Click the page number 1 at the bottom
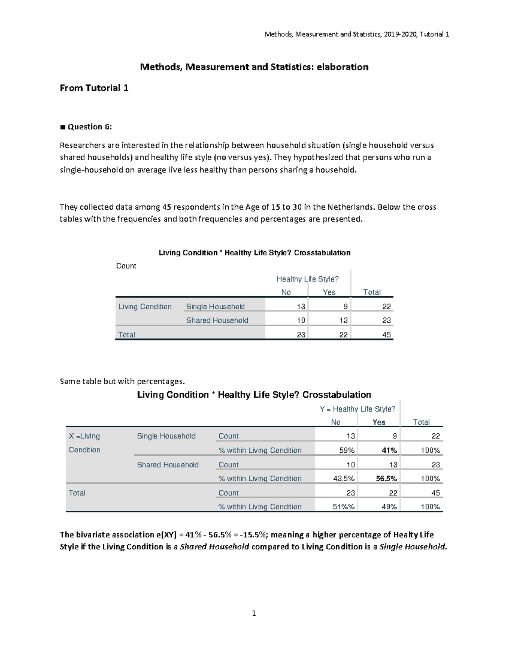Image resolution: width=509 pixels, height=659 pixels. [254, 613]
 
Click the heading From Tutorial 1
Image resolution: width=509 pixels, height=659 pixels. [94, 88]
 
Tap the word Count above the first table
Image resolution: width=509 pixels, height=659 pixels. [126, 266]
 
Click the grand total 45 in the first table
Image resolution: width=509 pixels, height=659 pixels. [386, 335]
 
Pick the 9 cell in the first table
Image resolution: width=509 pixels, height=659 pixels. [346, 307]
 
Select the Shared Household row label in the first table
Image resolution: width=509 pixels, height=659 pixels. [217, 320]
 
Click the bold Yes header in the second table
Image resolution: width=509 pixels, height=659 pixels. [379, 422]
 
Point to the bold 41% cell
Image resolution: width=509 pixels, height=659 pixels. [389, 450]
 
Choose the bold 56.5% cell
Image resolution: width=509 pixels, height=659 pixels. [386, 479]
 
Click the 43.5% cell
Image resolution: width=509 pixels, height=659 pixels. [344, 479]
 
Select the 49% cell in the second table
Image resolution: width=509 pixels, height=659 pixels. [389, 507]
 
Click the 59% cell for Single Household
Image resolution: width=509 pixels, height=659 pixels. [347, 450]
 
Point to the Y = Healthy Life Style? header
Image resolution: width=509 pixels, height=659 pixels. [357, 409]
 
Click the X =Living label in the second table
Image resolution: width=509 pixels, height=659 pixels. [84, 436]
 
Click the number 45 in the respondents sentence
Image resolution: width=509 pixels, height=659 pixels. [167, 207]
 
